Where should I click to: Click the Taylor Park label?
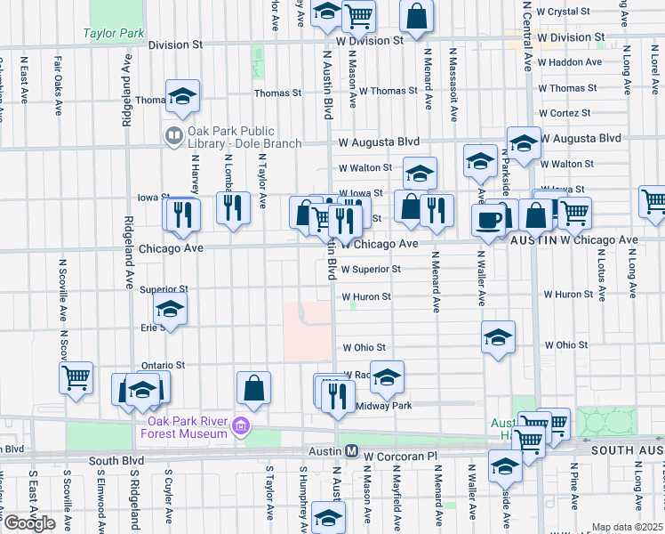[x=113, y=34]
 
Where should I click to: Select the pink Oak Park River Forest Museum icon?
[x=239, y=428]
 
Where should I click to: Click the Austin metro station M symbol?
[x=351, y=452]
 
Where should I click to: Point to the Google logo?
[x=29, y=523]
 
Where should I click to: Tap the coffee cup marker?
[x=488, y=220]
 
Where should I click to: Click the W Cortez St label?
[x=565, y=113]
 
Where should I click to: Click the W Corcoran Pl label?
[x=403, y=455]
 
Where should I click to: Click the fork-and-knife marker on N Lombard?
[x=233, y=208]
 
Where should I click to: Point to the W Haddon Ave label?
[x=570, y=62]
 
